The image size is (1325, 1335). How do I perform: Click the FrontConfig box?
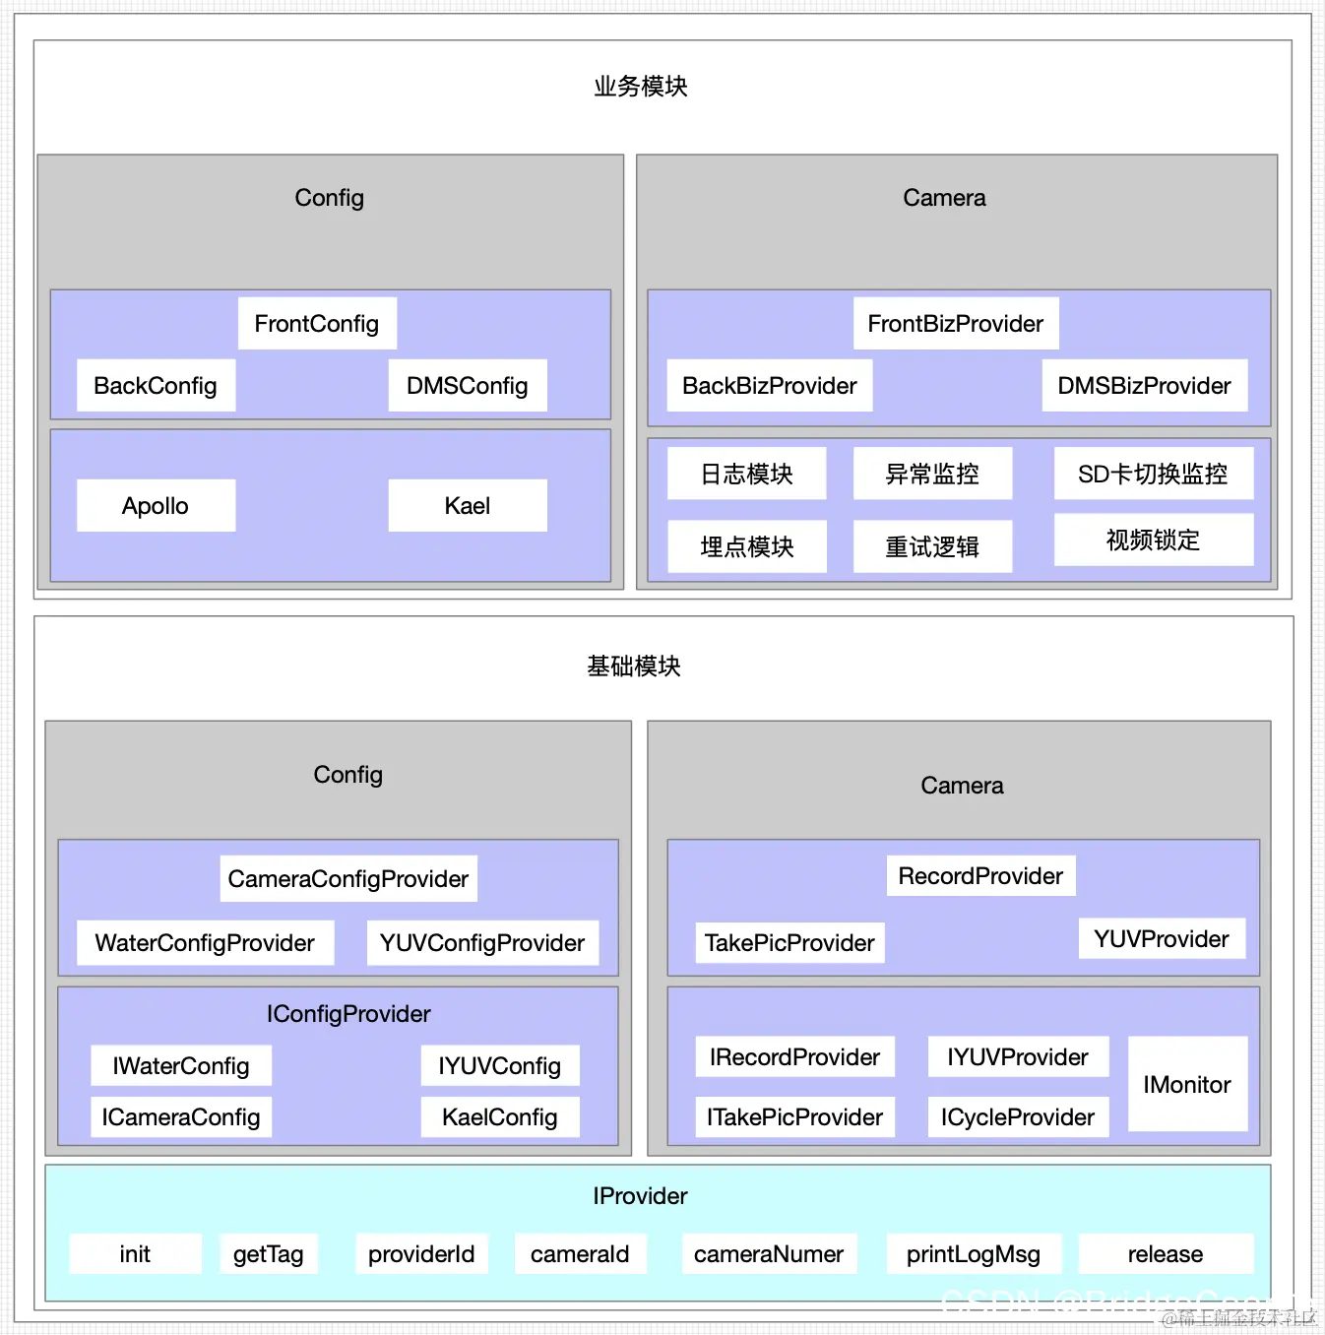tap(317, 324)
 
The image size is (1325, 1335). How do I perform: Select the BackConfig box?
tap(156, 386)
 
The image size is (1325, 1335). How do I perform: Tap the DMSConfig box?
tap(468, 386)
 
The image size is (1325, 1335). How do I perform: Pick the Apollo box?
tap(156, 506)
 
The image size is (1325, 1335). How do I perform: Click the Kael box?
tap(468, 506)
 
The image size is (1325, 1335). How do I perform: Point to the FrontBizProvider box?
tap(955, 324)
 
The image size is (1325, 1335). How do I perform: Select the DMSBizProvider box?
tap(1144, 386)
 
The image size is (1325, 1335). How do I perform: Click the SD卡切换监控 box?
tap(1153, 474)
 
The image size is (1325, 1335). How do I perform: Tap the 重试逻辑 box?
tap(932, 546)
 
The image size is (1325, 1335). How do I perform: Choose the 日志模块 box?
tap(746, 474)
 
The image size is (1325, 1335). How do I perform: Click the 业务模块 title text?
tap(641, 87)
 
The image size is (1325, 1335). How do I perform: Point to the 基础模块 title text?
tap(634, 667)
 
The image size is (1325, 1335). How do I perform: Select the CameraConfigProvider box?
tap(348, 879)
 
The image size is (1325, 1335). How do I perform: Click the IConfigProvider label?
tap(348, 1014)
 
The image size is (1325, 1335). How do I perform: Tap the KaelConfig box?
tap(500, 1117)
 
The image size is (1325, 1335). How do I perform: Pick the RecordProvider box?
tap(980, 876)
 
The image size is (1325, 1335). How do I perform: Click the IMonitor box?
tap(1187, 1084)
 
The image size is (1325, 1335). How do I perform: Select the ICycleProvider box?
tap(1018, 1117)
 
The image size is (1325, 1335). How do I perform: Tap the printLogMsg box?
tap(974, 1254)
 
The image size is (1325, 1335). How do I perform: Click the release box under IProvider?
tap(1166, 1254)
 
